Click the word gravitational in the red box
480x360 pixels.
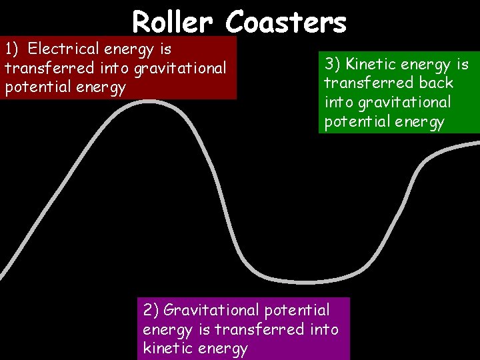[x=182, y=68]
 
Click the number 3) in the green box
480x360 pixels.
[x=333, y=64]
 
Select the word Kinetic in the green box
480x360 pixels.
[x=375, y=64]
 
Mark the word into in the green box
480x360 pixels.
[x=339, y=103]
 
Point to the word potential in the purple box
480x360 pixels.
[x=297, y=310]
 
